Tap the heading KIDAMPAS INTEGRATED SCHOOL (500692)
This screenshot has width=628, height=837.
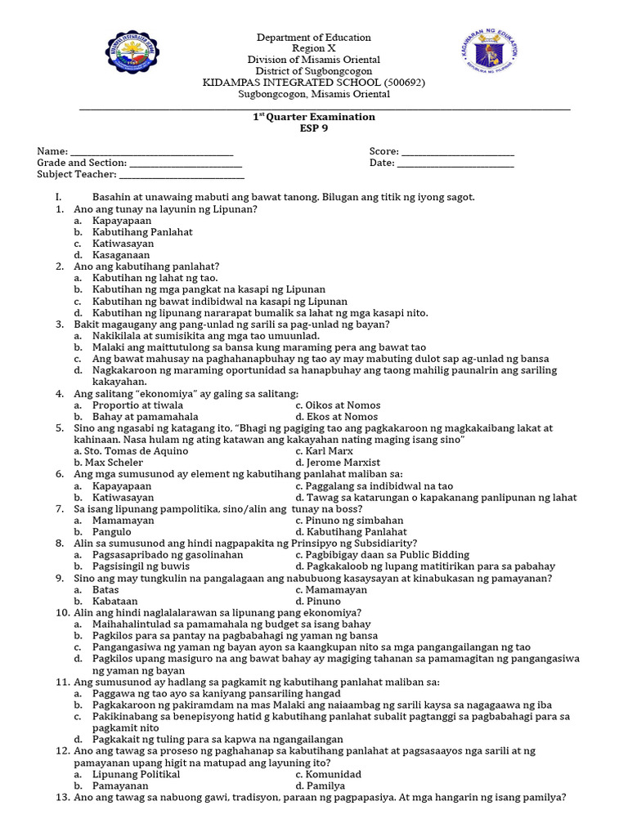[x=313, y=83]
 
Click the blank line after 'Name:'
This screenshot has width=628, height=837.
[x=151, y=153]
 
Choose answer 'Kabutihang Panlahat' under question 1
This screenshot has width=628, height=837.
[x=142, y=232]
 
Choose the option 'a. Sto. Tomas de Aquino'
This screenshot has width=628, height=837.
[x=131, y=451]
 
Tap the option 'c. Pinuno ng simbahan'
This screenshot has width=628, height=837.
[x=347, y=520]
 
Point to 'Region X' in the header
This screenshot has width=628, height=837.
[x=313, y=48]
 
